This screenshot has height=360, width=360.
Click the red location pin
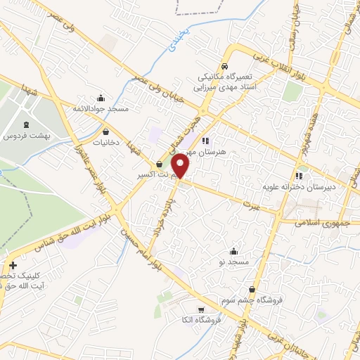click(x=181, y=165)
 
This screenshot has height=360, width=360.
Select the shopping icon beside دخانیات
click(x=105, y=131)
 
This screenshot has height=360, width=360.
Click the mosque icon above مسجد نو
click(x=233, y=251)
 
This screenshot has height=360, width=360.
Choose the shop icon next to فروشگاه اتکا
click(x=201, y=310)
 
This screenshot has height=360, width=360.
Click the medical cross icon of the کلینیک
click(x=12, y=265)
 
